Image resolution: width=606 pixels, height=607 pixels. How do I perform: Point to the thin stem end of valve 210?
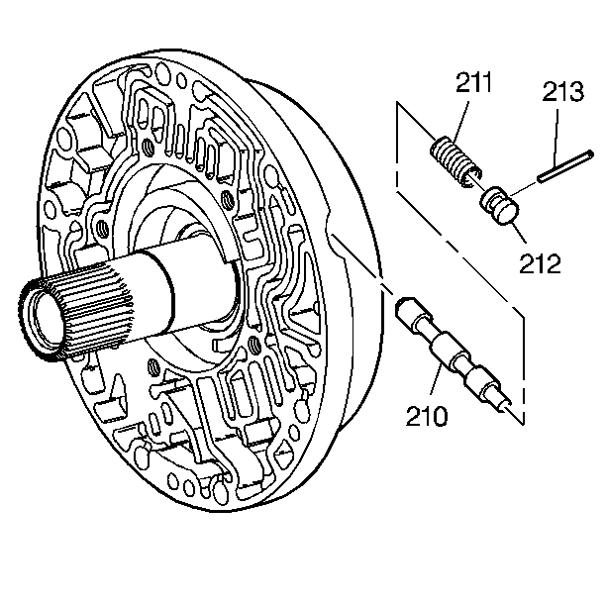click(x=506, y=403)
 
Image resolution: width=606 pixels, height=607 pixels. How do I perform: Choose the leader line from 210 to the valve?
click(x=434, y=381)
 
